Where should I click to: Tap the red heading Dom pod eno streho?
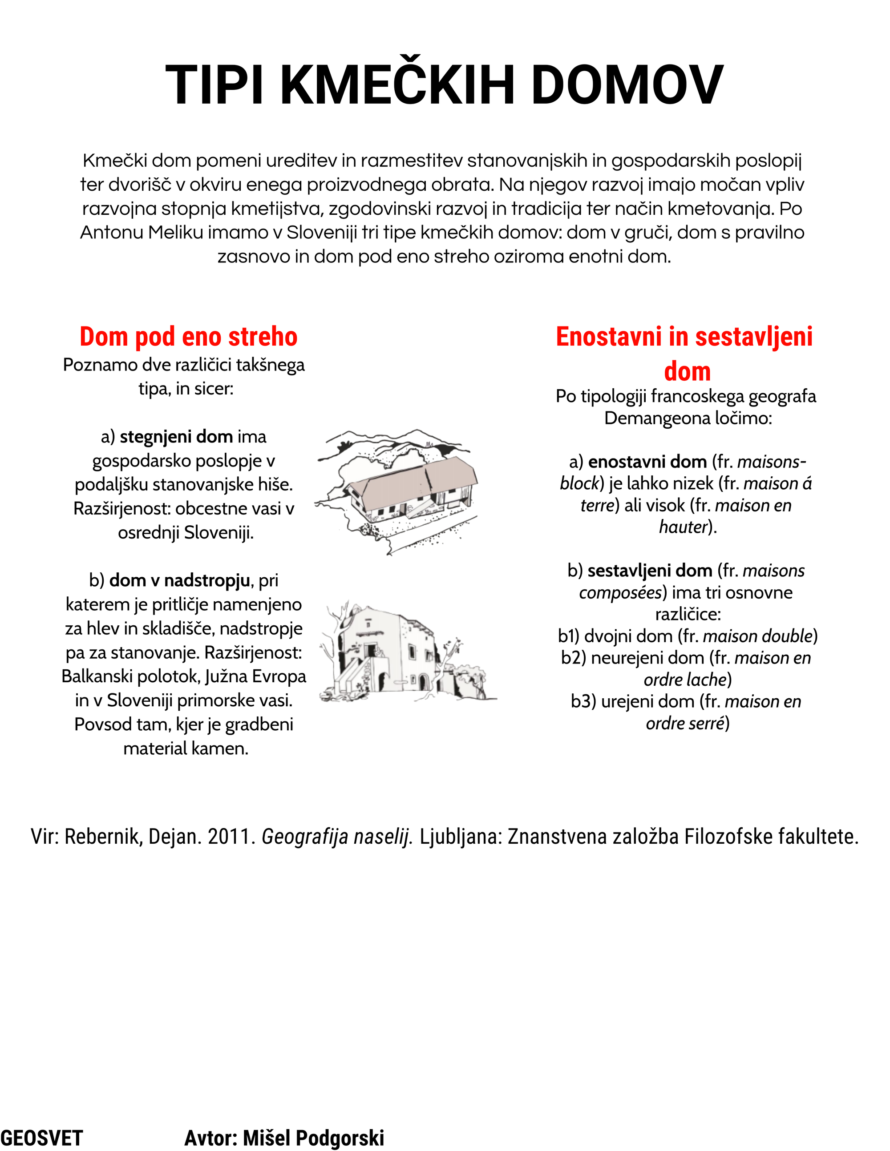[x=188, y=337]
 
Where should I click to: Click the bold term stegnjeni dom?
[x=176, y=437]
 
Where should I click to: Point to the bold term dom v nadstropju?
[x=179, y=580]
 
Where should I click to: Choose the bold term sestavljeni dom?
[x=650, y=571]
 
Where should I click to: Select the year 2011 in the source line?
[x=231, y=837]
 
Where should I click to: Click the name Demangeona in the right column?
[x=656, y=418]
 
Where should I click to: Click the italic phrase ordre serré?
[x=684, y=723]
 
